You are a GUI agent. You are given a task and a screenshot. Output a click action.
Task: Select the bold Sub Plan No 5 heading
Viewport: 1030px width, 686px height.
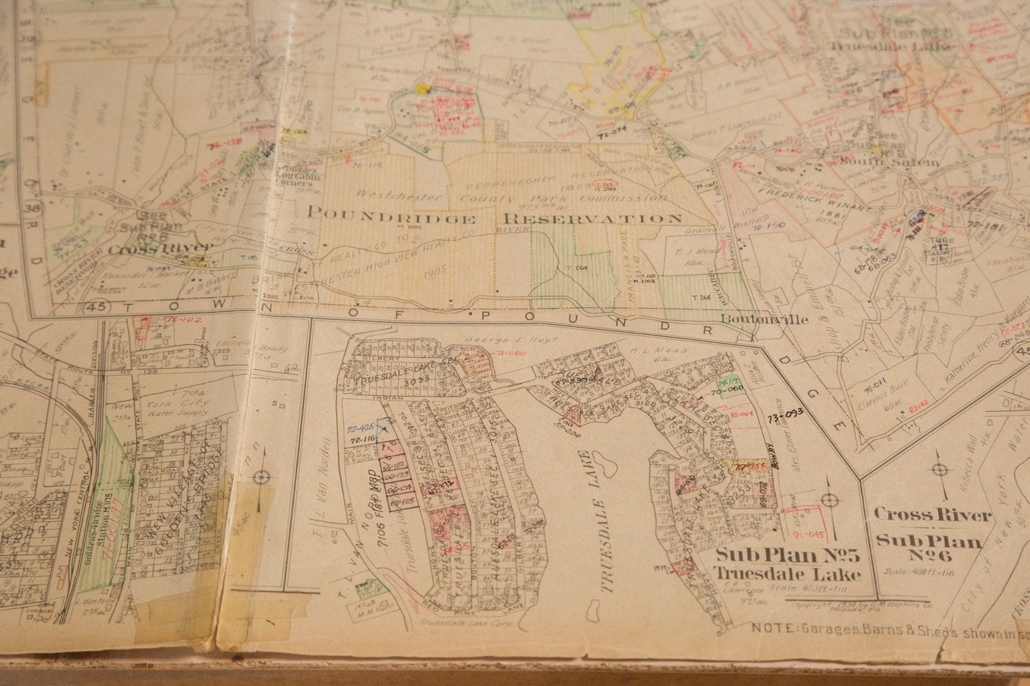point(789,554)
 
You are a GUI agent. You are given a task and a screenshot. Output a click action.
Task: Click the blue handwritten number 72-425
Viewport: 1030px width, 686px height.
point(360,428)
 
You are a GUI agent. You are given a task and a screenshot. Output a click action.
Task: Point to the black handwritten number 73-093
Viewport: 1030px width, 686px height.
point(785,415)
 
